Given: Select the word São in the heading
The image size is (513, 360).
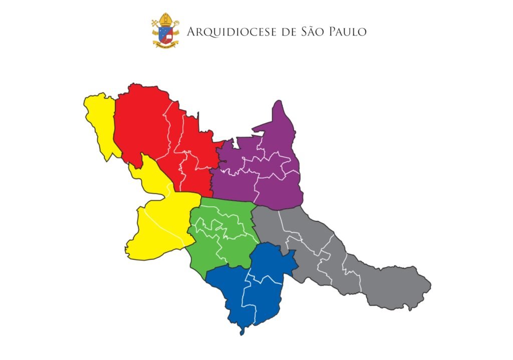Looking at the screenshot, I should [x=311, y=32].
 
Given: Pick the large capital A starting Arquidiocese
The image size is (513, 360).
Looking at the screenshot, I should [x=191, y=32].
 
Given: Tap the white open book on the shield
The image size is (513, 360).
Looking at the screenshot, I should [x=169, y=35].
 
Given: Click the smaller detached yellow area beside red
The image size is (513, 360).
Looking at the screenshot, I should [x=100, y=120].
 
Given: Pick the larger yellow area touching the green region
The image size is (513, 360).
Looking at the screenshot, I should [x=160, y=220].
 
